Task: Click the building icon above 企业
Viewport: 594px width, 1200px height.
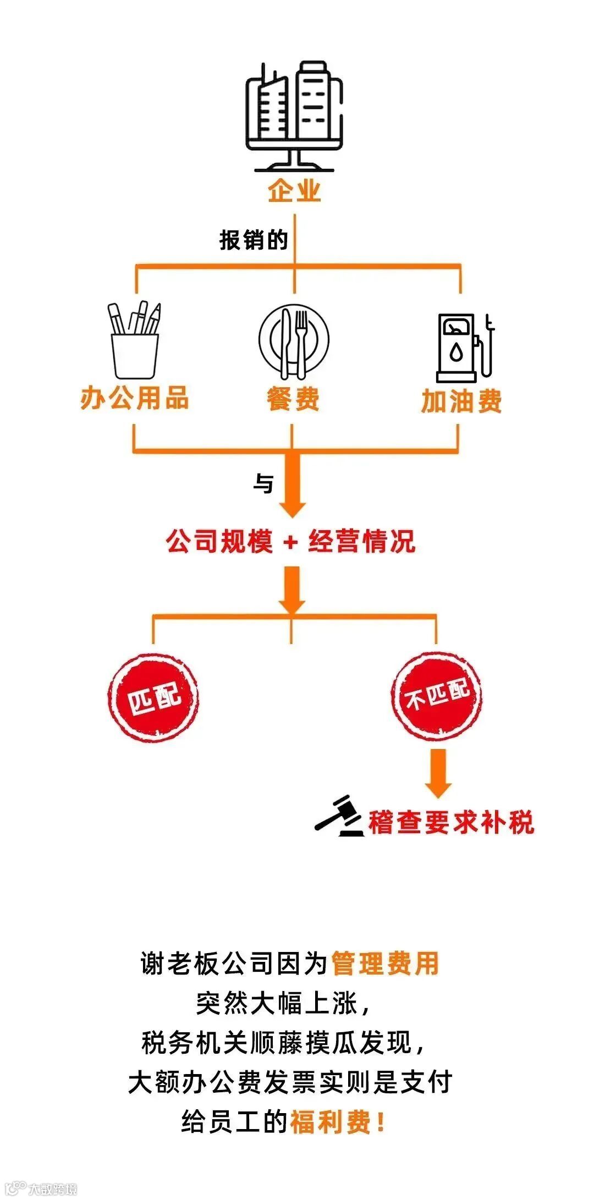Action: coord(294,115)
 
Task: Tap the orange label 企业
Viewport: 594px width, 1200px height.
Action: coord(294,191)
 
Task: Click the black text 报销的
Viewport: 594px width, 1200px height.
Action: coord(254,240)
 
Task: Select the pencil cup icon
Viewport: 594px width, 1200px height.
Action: coord(135,341)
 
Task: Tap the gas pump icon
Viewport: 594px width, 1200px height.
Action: coord(464,348)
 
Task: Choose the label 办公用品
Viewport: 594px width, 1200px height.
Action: coord(134,398)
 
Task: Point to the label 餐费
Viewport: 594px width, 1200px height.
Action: coord(293,399)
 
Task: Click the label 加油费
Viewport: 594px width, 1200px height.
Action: coord(461,401)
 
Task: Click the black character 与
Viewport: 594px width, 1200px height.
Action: coord(263,484)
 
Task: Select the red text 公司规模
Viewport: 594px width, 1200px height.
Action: coord(219,542)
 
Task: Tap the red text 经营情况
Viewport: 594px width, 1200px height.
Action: coord(361,542)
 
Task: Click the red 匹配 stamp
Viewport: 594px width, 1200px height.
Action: coord(153,697)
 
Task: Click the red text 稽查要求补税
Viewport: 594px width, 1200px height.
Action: coord(451,823)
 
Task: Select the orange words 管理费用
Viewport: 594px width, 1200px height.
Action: coord(385,963)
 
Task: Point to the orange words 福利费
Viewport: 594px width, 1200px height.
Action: coord(331,1122)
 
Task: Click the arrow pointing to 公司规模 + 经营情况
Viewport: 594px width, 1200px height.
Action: coord(292,487)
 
